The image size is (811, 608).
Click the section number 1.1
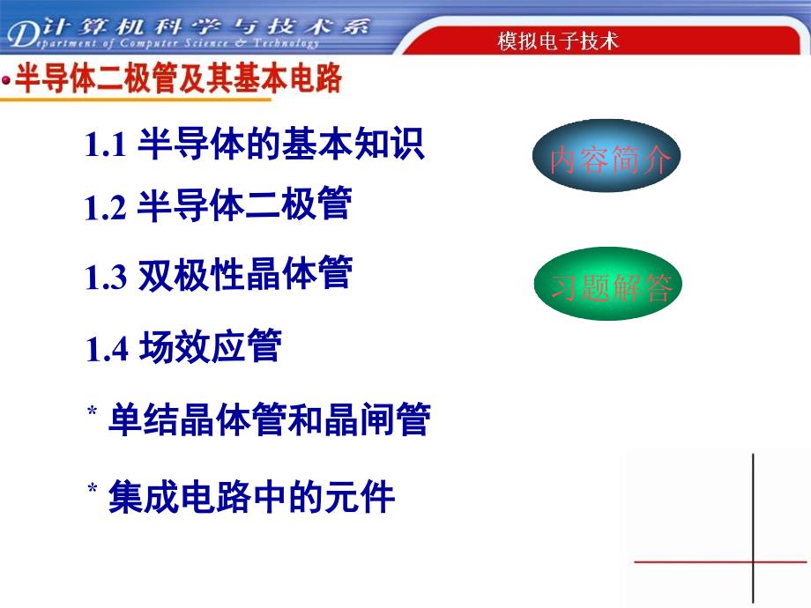coord(105,145)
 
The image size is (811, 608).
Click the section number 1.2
coord(105,208)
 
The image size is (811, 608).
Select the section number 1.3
coord(106,277)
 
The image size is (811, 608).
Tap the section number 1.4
coord(107,349)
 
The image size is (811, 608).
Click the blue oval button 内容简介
coord(606,156)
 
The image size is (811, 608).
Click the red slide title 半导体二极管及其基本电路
coord(178,78)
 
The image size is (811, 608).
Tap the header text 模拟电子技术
coord(557,41)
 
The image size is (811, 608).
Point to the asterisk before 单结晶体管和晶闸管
coord(92,411)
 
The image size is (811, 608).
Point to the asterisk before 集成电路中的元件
coord(92,488)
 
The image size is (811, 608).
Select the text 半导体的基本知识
coord(281,144)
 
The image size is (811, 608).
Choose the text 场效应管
coord(210,346)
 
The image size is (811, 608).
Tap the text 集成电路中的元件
coord(251,496)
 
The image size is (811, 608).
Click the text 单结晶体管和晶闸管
coord(269,419)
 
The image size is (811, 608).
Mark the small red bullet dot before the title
coord(6,80)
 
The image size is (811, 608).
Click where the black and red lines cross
coord(753,561)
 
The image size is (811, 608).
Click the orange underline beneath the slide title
coord(136,99)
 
